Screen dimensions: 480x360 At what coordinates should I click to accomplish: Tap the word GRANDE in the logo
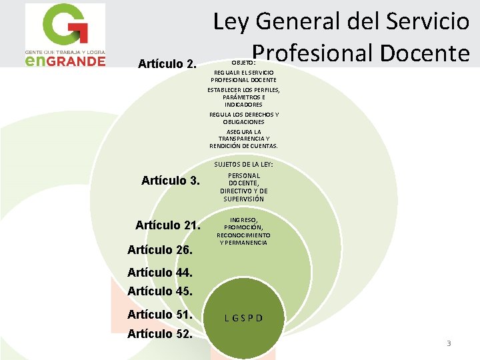point(77,61)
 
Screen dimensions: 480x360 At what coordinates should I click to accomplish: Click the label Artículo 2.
point(167,65)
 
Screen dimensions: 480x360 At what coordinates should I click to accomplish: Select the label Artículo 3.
point(171,180)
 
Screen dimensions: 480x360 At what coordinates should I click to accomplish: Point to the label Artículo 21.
point(167,225)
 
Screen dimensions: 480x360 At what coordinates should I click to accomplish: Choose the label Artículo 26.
point(160,251)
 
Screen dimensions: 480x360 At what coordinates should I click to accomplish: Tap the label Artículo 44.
point(160,272)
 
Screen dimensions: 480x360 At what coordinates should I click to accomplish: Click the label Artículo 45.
point(160,291)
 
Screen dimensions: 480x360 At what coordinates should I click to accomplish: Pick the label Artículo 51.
point(160,314)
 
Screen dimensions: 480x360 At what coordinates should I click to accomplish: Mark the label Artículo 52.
point(160,333)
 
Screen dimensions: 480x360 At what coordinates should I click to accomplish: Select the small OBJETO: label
point(243,63)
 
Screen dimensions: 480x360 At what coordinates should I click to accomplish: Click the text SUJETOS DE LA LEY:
point(243,164)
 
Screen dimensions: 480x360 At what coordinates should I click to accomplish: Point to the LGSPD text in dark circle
point(243,317)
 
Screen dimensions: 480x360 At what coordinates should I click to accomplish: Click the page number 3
point(449,343)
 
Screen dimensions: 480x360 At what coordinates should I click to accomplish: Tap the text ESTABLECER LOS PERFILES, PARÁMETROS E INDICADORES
point(243,97)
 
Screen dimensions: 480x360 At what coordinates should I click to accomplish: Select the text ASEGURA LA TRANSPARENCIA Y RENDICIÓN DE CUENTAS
point(243,139)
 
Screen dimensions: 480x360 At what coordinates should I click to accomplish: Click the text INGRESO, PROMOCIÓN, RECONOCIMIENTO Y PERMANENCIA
point(243,231)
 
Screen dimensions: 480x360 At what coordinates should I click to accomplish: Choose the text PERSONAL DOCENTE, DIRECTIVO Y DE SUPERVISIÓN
point(243,187)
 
